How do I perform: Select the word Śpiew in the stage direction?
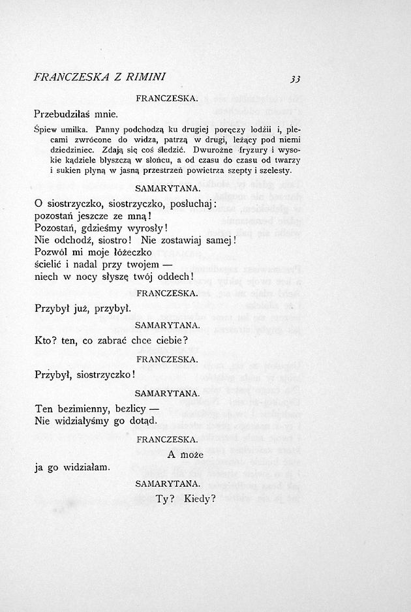click(45, 129)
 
